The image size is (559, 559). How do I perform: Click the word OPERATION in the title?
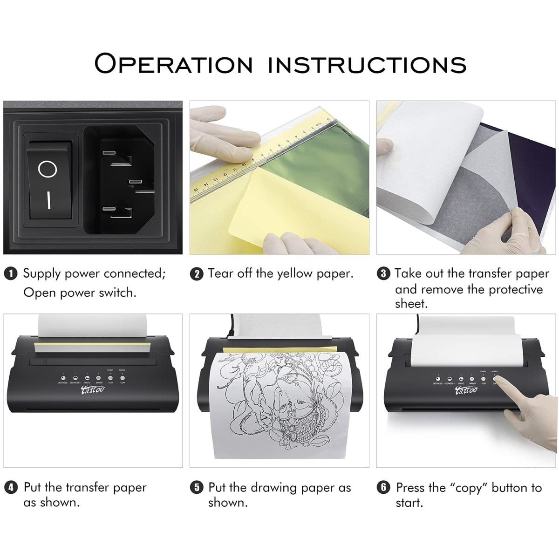pyautogui.click(x=173, y=63)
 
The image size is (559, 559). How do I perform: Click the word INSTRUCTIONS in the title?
pyautogui.click(x=367, y=64)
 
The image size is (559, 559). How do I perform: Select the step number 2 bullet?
pyautogui.click(x=197, y=274)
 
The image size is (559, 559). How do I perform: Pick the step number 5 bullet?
pyautogui.click(x=197, y=488)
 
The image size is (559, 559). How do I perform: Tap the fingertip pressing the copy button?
pyautogui.click(x=499, y=382)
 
